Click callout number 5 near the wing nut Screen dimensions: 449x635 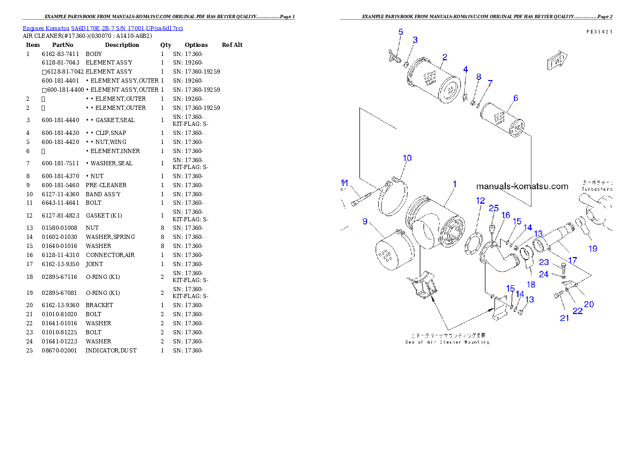401,32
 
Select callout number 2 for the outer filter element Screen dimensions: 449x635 444,57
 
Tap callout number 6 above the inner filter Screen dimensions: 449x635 515,98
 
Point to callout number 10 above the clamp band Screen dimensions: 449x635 407,158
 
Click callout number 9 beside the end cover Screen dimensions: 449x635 365,221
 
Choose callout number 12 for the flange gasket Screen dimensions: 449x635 480,201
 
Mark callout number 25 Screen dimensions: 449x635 494,209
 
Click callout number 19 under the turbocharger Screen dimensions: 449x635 593,248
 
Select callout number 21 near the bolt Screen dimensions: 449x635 564,318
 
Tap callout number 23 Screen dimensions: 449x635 544,262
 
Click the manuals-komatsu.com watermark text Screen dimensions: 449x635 522,187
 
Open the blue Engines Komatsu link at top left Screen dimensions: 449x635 102,28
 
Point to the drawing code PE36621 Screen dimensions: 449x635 599,32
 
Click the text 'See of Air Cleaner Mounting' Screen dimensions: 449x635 447,342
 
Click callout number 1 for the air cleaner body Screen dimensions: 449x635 454,184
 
